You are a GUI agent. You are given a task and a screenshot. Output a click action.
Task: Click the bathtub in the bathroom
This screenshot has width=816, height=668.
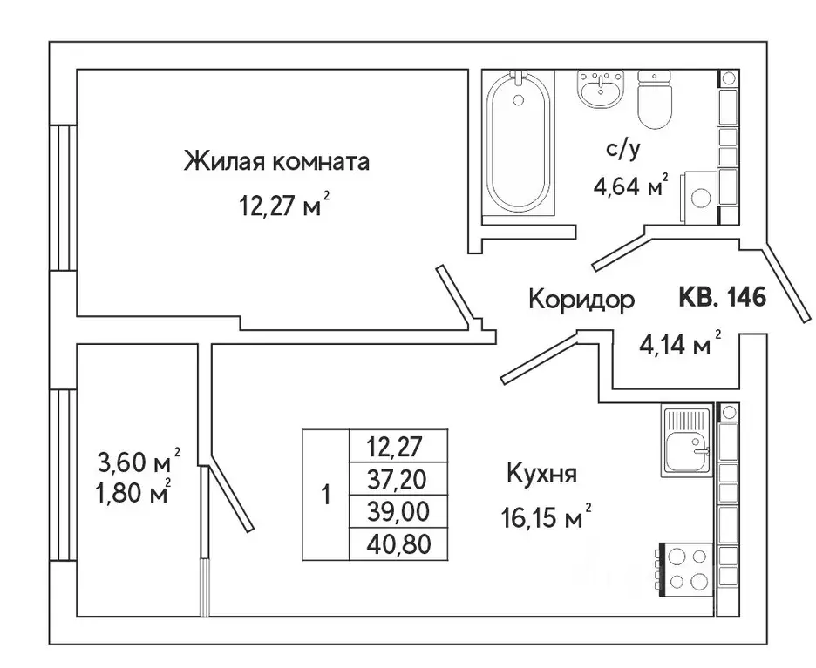tap(520, 143)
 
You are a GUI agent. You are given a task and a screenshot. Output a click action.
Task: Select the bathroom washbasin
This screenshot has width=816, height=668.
tap(600, 87)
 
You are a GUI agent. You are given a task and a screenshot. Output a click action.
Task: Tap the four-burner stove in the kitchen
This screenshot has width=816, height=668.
tap(684, 569)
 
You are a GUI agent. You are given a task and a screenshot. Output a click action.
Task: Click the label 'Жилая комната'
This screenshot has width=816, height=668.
tap(276, 162)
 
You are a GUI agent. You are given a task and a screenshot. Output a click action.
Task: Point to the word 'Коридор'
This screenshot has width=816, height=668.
tap(581, 300)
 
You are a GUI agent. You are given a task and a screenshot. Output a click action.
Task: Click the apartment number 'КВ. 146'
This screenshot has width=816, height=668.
tap(721, 299)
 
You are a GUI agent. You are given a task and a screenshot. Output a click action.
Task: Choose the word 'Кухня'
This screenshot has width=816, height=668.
tap(542, 475)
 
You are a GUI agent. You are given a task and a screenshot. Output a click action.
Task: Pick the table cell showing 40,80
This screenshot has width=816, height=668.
tap(398, 544)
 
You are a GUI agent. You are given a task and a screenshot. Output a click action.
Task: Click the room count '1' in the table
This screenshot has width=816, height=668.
tap(325, 496)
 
